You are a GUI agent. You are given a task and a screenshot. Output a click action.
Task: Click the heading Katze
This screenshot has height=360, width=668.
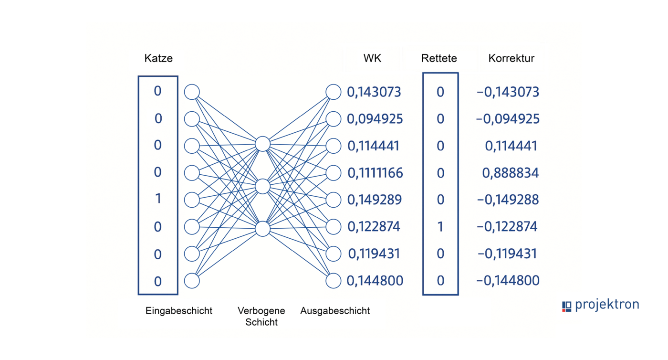[x=158, y=59]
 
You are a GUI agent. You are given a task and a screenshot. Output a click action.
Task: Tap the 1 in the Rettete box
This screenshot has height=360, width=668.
[x=440, y=226]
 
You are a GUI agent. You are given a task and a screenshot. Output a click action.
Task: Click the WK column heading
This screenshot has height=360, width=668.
[x=372, y=59]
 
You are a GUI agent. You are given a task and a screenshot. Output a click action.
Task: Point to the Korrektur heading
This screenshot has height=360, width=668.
[x=511, y=59]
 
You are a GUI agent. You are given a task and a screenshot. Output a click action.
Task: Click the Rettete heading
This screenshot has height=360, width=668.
[x=439, y=59]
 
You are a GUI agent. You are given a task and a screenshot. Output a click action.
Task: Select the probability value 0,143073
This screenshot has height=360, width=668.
[x=374, y=92]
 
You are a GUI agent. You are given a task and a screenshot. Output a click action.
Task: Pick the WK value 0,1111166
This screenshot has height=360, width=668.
[x=376, y=173]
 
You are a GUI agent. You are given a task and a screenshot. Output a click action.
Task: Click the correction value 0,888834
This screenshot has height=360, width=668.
[x=511, y=173]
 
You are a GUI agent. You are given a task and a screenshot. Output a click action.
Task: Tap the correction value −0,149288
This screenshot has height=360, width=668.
[x=508, y=200]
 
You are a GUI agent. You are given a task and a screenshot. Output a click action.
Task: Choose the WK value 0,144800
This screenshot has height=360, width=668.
[x=375, y=281]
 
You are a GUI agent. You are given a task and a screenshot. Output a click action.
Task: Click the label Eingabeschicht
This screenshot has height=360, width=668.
[x=179, y=311]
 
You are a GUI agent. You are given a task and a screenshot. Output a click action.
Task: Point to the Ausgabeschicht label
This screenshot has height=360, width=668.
[x=335, y=311]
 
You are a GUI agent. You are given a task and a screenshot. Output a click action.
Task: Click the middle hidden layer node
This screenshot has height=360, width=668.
[x=262, y=186]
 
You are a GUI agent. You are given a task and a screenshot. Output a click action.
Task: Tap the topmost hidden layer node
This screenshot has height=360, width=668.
[x=262, y=144]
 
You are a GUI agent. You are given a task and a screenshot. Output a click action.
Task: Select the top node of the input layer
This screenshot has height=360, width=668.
[x=192, y=92]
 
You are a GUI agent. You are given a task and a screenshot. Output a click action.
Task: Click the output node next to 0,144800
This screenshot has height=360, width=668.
[x=334, y=281]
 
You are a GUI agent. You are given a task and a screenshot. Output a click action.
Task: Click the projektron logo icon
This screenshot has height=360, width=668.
[x=566, y=306]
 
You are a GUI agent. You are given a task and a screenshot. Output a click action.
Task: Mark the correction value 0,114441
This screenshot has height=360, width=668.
[x=511, y=146]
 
